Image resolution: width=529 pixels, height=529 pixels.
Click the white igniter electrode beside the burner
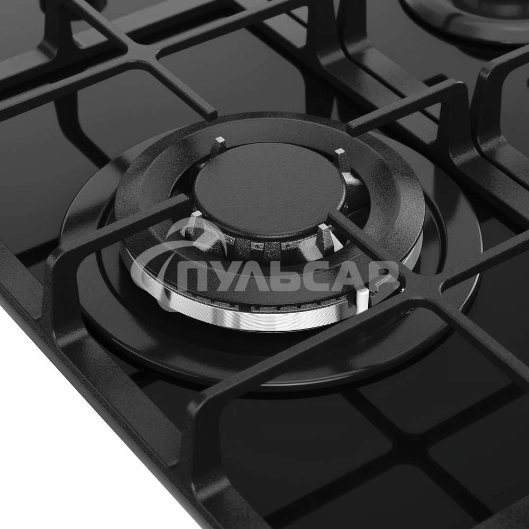[x=361, y=299]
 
